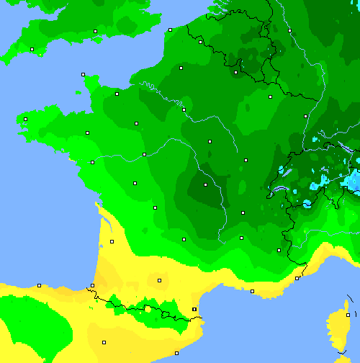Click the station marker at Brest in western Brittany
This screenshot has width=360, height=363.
pos(25,119)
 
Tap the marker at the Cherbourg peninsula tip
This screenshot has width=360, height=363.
pos(83,74)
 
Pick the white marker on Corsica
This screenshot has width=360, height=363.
pos(348,315)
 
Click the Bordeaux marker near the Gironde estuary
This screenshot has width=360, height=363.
pos(112,241)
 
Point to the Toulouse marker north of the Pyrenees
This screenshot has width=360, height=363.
pos(159,280)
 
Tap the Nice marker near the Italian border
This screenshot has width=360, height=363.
pos(297,277)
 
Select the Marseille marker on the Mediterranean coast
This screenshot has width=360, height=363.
pos(252,291)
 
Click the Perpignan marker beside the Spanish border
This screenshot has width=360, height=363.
pos(194,309)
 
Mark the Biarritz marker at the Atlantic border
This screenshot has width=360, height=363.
pos(92,287)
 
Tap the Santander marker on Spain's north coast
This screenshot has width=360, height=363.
pos(39,285)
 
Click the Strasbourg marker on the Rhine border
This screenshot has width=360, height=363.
pos(305,115)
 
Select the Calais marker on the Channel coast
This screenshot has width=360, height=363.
pos(170,30)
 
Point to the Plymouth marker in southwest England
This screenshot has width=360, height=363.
pos(32,49)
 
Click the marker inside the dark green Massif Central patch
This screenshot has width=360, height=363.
pos(205,184)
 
